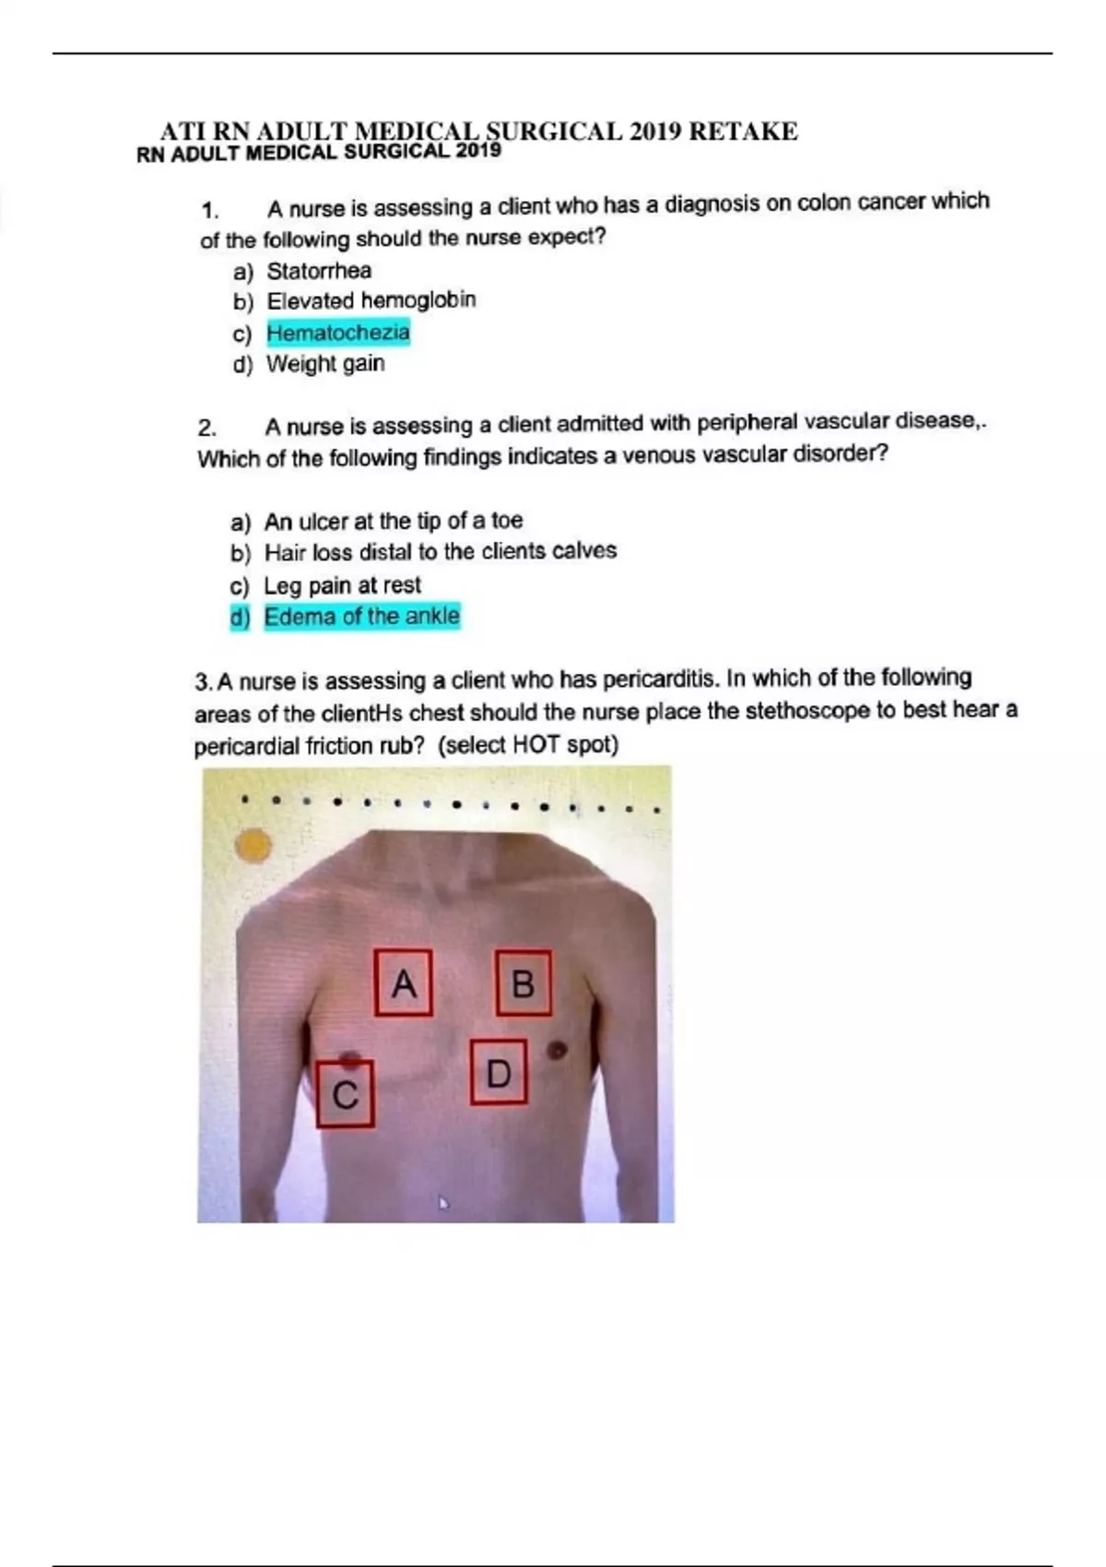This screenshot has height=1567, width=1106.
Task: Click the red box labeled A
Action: pyautogui.click(x=404, y=984)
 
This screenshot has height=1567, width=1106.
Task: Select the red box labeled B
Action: pyautogui.click(x=524, y=983)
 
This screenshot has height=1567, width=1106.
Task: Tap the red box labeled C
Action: pyautogui.click(x=345, y=1094)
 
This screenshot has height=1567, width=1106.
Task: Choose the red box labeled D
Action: pyautogui.click(x=499, y=1072)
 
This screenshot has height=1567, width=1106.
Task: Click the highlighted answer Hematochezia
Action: pyautogui.click(x=338, y=332)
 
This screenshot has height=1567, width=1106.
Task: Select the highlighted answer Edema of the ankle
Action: pyautogui.click(x=361, y=616)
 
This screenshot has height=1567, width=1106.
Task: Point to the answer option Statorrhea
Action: pyautogui.click(x=319, y=271)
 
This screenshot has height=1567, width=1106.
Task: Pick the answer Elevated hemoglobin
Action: pyautogui.click(x=371, y=300)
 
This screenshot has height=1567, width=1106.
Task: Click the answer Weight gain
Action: pyautogui.click(x=325, y=363)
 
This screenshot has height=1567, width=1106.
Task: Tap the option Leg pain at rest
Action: pyautogui.click(x=342, y=585)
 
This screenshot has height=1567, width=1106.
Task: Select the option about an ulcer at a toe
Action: pyautogui.click(x=393, y=521)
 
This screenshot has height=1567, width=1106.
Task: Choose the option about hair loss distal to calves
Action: pyautogui.click(x=440, y=551)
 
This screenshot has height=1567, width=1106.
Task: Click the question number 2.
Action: pyautogui.click(x=206, y=428)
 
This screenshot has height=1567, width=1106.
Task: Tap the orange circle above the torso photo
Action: pyautogui.click(x=253, y=845)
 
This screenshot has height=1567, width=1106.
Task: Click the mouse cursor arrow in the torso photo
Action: pyautogui.click(x=443, y=1202)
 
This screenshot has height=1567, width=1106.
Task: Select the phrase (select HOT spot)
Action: pyautogui.click(x=527, y=744)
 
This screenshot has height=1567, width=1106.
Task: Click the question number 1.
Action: pyautogui.click(x=210, y=210)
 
